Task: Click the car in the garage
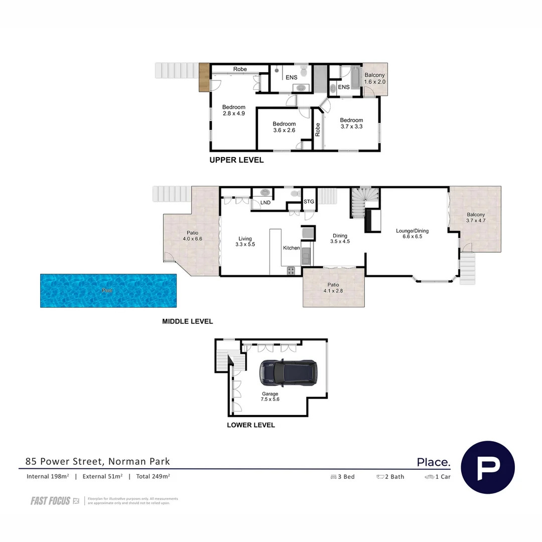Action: [x=288, y=373]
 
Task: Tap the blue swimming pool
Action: [x=108, y=291]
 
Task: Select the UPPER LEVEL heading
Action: [x=236, y=161]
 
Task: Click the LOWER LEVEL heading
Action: [x=251, y=425]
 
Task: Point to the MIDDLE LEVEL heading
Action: [x=187, y=321]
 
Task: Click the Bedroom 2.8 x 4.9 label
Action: [x=234, y=110]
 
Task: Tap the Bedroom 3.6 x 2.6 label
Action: [x=284, y=127]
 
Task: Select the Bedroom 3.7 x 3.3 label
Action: [x=351, y=123]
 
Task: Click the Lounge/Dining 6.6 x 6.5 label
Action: [x=412, y=233]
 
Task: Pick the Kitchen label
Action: [x=291, y=248]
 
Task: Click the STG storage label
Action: [x=309, y=202]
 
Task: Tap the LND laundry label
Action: [x=265, y=203]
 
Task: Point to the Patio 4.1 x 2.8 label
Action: [x=333, y=287]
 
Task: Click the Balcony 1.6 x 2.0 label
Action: [x=374, y=78]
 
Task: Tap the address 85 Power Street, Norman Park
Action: [x=98, y=461]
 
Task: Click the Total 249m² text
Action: [x=153, y=476]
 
